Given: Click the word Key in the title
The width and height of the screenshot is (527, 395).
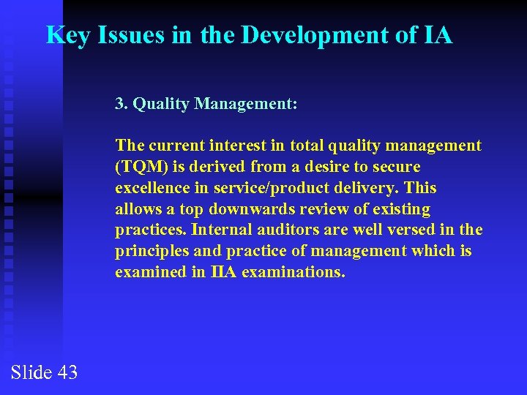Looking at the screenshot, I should point(67,34).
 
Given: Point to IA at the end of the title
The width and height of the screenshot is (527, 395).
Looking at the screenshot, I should point(437,34).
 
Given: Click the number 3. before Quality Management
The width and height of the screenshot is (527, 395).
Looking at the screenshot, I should point(122,104).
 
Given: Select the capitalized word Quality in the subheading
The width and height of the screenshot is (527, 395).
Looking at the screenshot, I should point(161,104).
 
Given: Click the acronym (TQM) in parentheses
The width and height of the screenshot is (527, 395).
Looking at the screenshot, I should point(140,167).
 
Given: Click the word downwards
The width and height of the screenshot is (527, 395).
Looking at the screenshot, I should point(246,209).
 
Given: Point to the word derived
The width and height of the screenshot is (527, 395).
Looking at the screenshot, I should point(216,167).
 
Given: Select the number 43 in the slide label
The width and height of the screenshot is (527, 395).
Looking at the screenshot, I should point(67,372).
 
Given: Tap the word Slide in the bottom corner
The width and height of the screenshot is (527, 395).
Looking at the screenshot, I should point(31,372).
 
